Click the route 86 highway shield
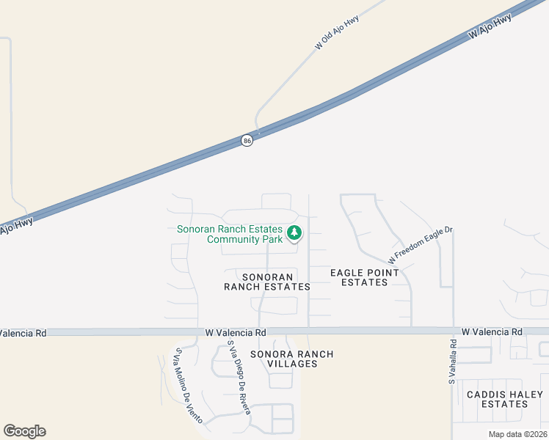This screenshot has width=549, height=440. click(x=247, y=140)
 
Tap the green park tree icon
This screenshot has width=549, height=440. click(x=294, y=234)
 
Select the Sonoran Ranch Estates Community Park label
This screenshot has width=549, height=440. click(x=230, y=234)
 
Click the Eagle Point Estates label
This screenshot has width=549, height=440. click(x=365, y=277)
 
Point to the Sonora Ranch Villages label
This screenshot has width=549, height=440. click(x=291, y=359)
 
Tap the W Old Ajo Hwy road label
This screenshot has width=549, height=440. click(x=337, y=32)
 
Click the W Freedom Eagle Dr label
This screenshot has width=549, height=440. click(x=421, y=245)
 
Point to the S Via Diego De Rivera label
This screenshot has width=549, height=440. click(x=239, y=376)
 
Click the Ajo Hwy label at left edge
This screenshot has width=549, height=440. click(x=15, y=225)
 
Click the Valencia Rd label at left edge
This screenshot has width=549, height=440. click(x=23, y=333)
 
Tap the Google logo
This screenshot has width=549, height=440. click(x=24, y=431)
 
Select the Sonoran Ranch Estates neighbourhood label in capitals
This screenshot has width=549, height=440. click(x=266, y=282)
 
